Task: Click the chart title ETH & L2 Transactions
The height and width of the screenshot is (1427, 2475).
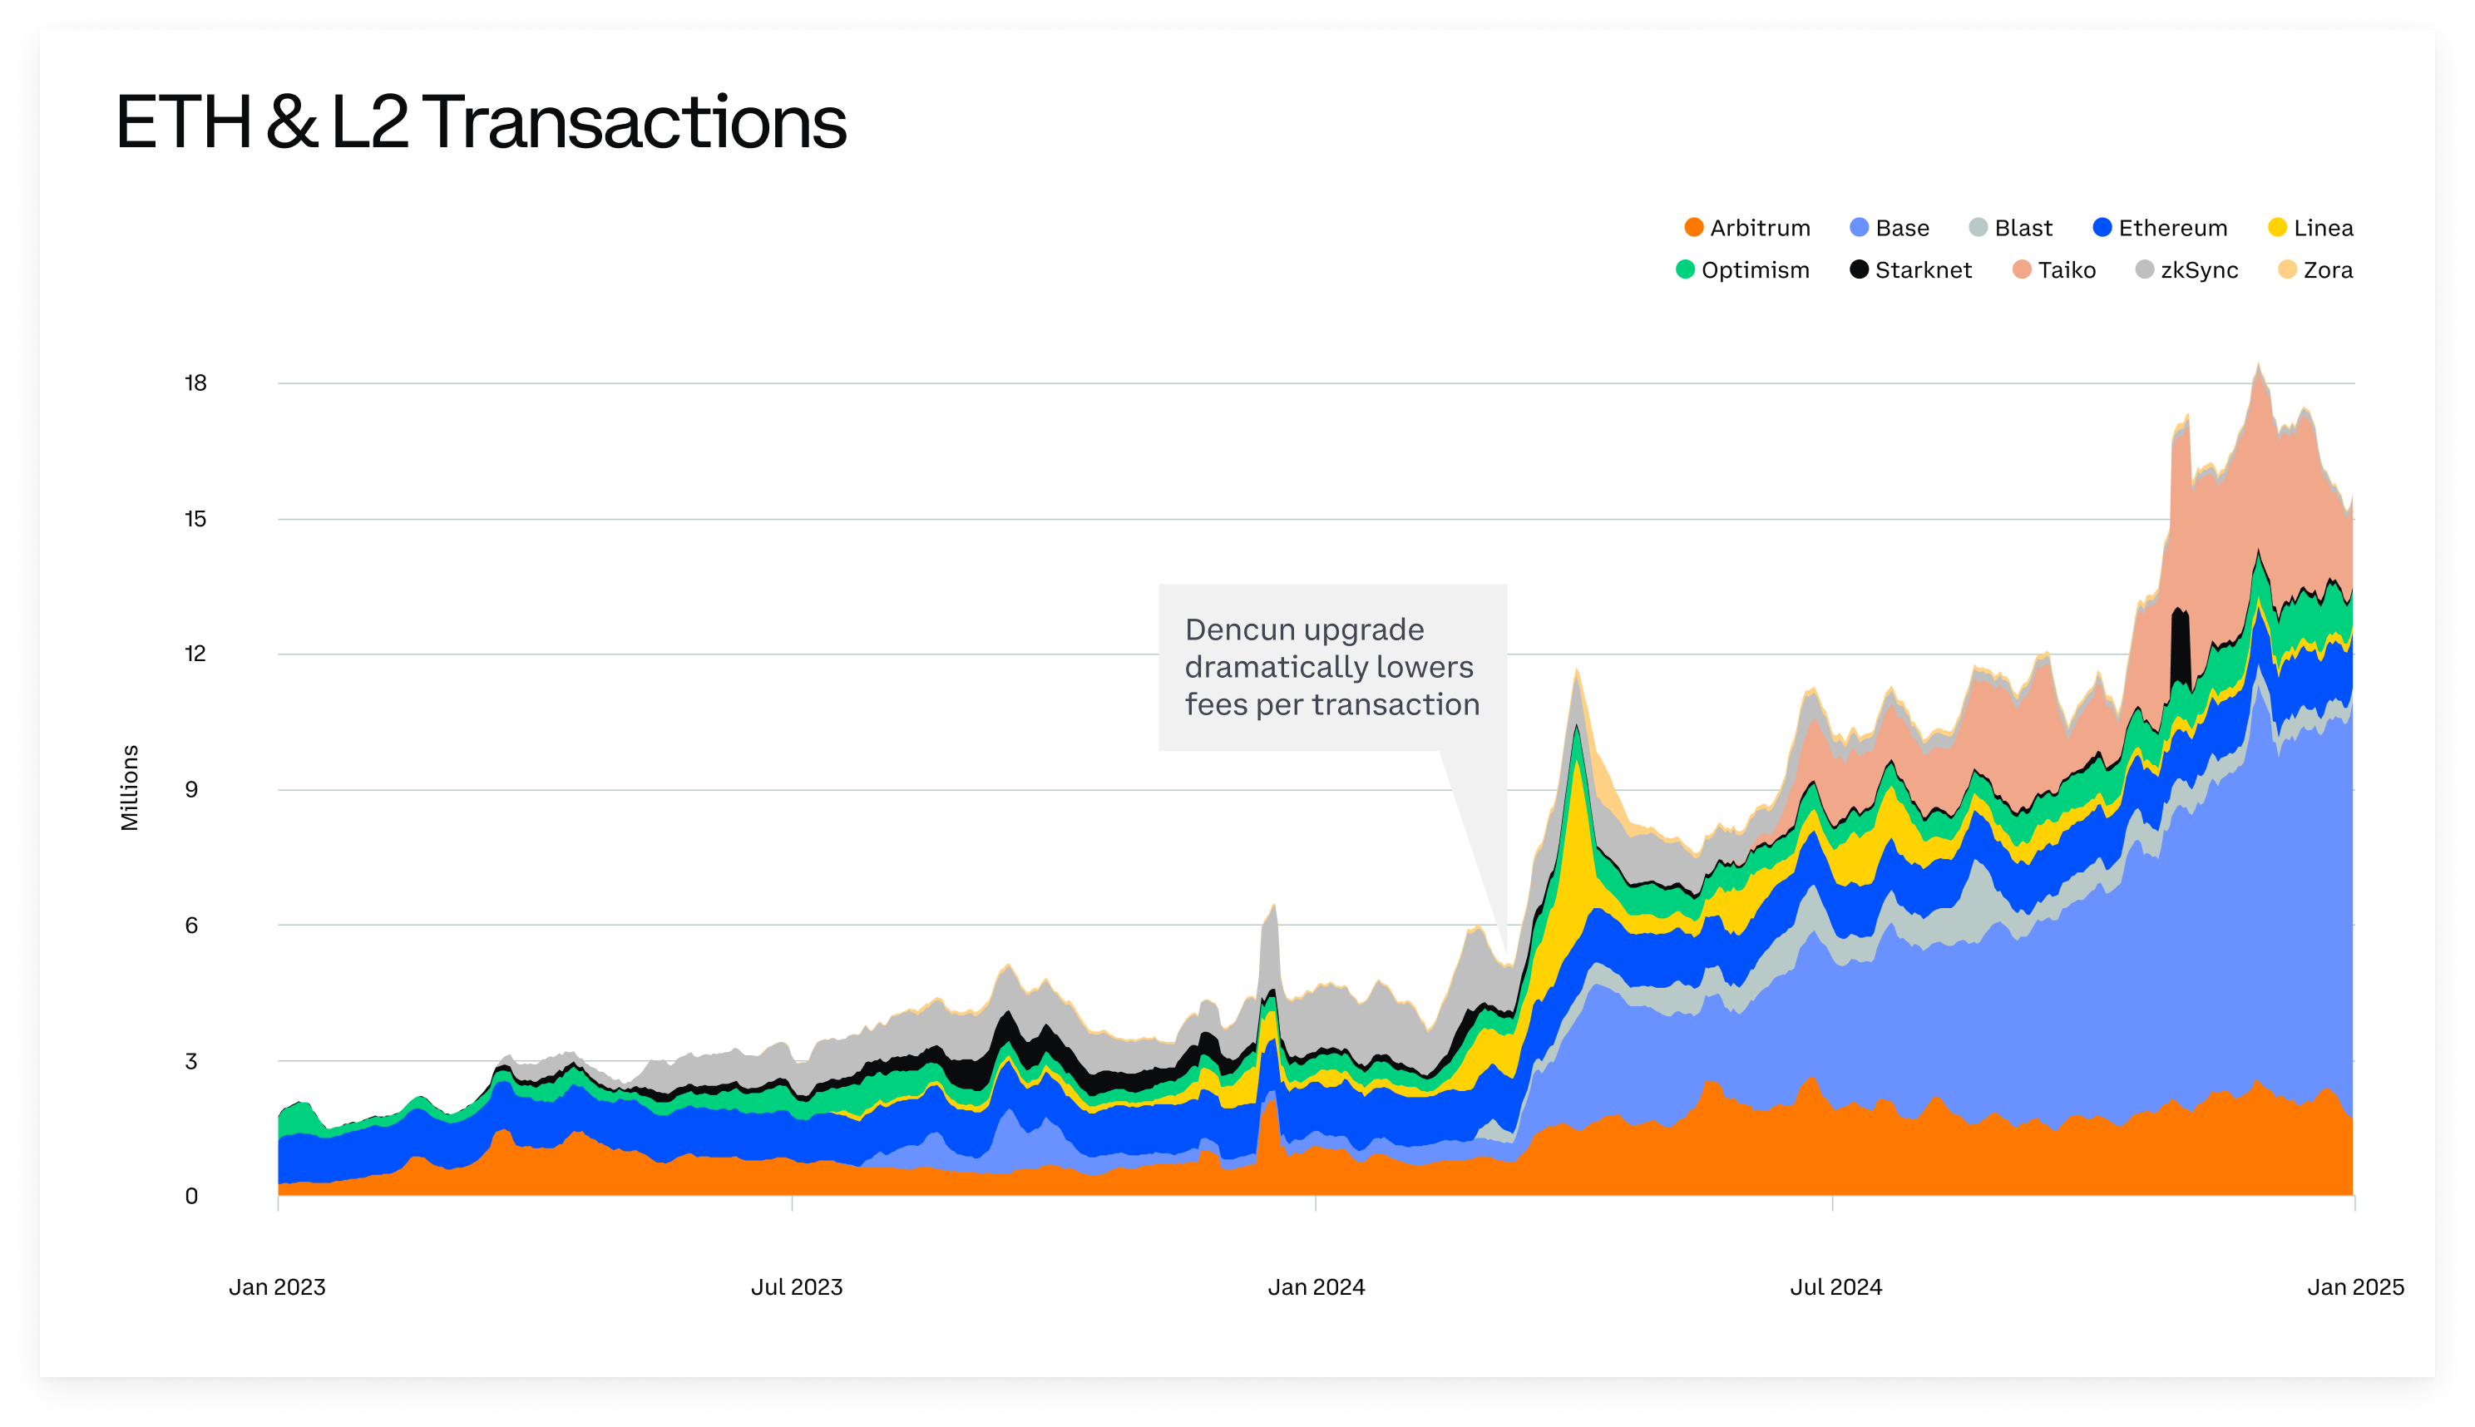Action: (x=481, y=122)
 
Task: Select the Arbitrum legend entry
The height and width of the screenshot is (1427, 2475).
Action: (x=1746, y=229)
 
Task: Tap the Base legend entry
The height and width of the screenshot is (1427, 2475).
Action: (x=1889, y=229)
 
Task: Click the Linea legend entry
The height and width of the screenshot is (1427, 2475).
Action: (x=2310, y=229)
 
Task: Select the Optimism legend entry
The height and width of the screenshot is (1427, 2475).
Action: (x=1743, y=270)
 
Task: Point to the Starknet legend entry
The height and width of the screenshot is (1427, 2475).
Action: (x=1910, y=270)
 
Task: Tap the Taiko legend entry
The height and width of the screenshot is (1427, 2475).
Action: (x=2053, y=270)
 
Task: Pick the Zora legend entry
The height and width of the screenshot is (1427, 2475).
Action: (x=2314, y=270)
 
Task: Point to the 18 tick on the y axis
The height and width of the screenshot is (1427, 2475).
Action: (x=195, y=383)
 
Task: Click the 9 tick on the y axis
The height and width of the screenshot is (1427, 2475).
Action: (x=191, y=790)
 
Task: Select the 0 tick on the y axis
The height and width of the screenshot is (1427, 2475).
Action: (x=191, y=1197)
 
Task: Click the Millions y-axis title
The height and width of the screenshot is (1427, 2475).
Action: (x=130, y=788)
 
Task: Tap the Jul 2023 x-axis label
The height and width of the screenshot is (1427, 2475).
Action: (x=796, y=1286)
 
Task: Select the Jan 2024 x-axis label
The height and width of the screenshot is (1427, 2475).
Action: (x=1316, y=1286)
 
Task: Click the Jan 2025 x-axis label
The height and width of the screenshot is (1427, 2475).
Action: (x=2354, y=1286)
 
